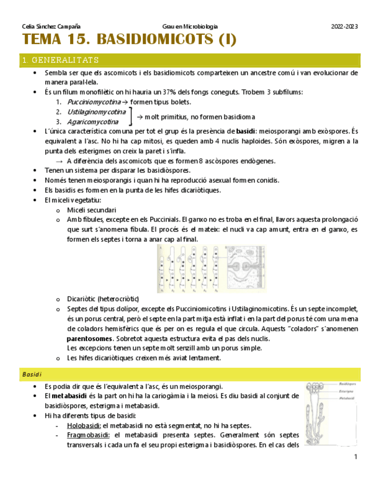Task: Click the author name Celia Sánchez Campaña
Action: (x=50, y=27)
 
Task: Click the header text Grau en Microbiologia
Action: (x=190, y=27)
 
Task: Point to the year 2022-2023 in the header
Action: (x=345, y=27)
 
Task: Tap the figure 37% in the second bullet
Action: (x=170, y=92)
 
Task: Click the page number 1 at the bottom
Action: (x=356, y=457)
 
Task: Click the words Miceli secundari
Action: (x=91, y=209)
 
